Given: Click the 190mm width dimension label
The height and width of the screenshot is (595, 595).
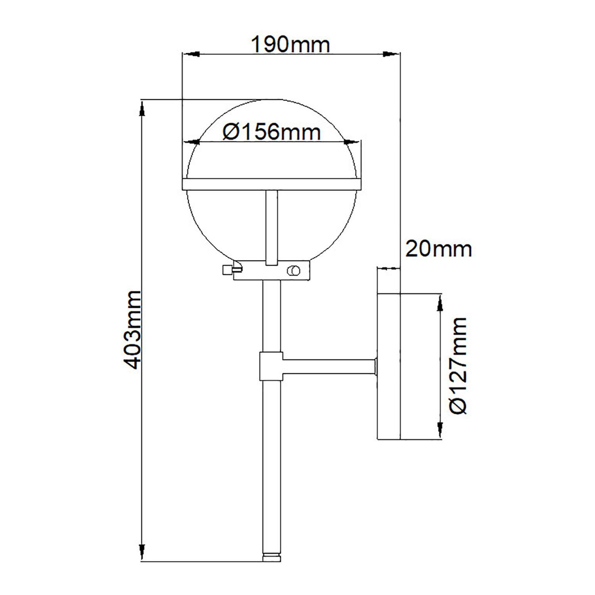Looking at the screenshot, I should pyautogui.click(x=291, y=45).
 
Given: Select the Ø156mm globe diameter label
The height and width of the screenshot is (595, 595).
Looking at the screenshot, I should pyautogui.click(x=272, y=132).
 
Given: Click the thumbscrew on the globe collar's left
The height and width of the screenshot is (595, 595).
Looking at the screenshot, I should pyautogui.click(x=228, y=269).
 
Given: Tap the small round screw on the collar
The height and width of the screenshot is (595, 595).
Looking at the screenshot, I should pyautogui.click(x=294, y=271).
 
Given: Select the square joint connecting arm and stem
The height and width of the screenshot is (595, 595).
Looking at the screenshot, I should pyautogui.click(x=271, y=366).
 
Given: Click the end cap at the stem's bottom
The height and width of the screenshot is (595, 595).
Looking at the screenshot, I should pyautogui.click(x=272, y=557).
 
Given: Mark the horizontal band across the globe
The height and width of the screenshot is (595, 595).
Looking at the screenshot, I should pyautogui.click(x=272, y=184).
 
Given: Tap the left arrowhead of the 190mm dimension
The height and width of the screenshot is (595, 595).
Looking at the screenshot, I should pyautogui.click(x=190, y=54).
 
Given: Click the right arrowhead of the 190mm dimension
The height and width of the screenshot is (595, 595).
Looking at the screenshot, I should pyautogui.click(x=391, y=54).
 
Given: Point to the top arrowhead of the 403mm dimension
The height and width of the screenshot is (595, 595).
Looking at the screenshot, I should pyautogui.click(x=142, y=109).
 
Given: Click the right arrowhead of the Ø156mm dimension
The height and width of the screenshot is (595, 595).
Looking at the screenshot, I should pyautogui.click(x=351, y=141).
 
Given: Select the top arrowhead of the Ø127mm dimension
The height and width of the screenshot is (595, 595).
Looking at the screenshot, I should pyautogui.click(x=440, y=304).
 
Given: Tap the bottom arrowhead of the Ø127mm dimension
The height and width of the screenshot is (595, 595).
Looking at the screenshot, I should pyautogui.click(x=440, y=428).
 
